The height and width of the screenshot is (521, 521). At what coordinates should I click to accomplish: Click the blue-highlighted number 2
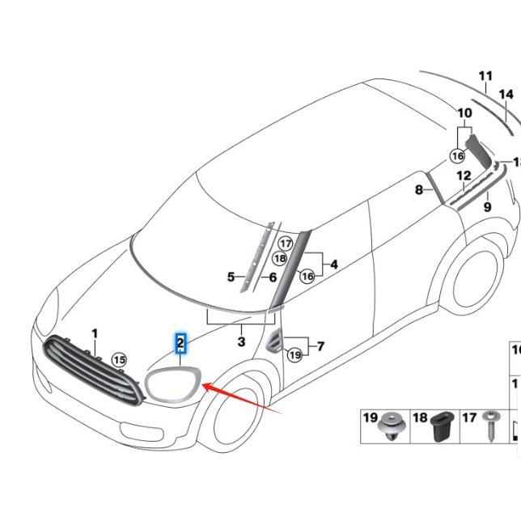[181, 343]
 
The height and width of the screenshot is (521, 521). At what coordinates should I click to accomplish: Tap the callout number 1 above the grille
[95, 333]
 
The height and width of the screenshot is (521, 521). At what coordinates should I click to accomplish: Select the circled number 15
[119, 359]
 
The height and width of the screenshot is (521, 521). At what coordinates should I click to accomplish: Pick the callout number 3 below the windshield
[241, 342]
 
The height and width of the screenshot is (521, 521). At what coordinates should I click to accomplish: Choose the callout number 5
[231, 277]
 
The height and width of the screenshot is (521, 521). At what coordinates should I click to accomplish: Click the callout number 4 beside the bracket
[334, 264]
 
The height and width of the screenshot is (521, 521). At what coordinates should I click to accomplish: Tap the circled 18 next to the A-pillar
[279, 258]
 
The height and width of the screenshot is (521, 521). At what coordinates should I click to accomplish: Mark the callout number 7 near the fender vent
[320, 346]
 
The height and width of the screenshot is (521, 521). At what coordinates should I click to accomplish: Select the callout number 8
[419, 190]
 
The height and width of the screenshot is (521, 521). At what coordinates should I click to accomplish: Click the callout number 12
[464, 176]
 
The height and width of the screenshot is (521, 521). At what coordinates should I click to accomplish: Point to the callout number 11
[485, 78]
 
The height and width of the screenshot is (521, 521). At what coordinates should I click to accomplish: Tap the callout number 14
[506, 95]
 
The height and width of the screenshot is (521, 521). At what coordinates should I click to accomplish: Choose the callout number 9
[487, 207]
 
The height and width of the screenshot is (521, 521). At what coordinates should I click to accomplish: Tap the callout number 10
[464, 113]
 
